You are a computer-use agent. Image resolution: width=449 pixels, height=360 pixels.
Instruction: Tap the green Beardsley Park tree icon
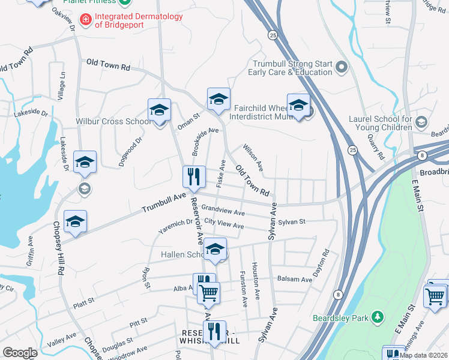tap(378, 316)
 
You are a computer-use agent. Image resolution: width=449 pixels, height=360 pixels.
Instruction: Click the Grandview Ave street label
tap(223, 212)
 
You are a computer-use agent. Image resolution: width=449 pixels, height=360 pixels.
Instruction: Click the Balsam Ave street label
tap(294, 279)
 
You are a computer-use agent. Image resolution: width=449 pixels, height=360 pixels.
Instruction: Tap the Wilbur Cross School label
tap(113, 121)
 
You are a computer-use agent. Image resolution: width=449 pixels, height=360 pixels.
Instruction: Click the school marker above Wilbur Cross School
tap(159, 110)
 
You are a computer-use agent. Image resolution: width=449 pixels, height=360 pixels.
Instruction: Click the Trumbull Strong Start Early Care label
tap(292, 68)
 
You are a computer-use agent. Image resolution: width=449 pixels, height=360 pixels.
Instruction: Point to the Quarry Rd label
tap(376, 146)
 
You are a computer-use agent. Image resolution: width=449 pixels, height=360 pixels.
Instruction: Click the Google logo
tap(20, 353)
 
